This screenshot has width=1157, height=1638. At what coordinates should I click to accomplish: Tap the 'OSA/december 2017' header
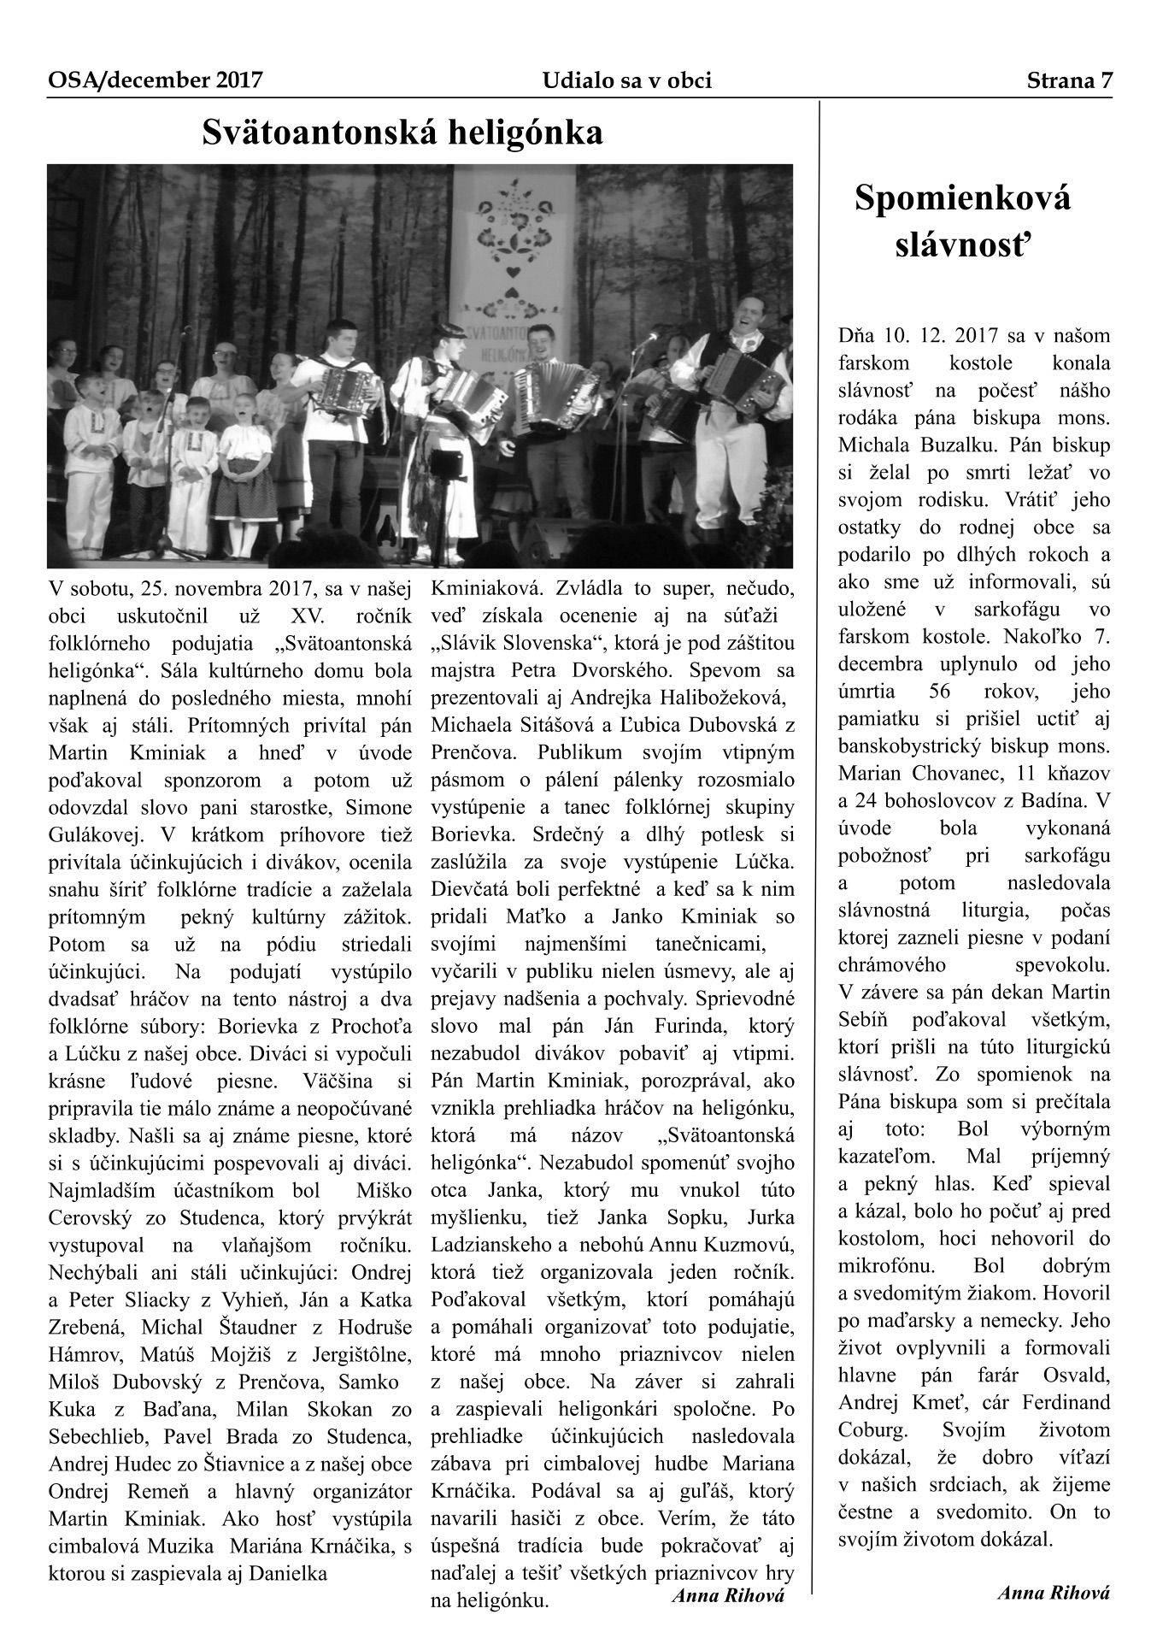(155, 80)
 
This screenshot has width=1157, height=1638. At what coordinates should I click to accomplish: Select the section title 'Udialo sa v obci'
(626, 80)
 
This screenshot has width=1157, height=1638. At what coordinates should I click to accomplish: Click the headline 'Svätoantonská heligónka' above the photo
(402, 133)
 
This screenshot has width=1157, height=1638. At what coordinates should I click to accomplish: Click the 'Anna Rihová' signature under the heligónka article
(728, 1594)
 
